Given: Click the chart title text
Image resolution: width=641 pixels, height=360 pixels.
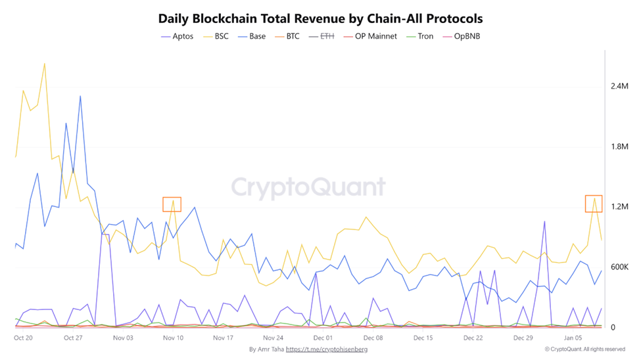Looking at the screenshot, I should click(320, 18).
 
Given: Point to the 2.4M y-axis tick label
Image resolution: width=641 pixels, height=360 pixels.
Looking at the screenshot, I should click(619, 86).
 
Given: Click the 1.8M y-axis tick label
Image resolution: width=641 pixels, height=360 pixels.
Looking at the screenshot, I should click(619, 146).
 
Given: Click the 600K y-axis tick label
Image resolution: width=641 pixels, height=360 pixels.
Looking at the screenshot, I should click(619, 267).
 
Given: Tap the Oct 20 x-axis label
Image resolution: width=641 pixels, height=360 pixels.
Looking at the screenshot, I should click(23, 338).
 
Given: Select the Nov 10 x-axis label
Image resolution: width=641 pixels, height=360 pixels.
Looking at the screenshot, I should click(173, 338).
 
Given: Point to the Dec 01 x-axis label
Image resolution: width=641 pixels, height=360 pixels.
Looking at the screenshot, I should click(323, 338).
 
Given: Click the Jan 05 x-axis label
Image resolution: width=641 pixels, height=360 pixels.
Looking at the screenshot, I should click(573, 338).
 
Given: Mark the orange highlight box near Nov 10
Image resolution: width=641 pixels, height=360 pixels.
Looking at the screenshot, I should click(172, 204).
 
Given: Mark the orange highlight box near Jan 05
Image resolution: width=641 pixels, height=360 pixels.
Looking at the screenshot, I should click(594, 204).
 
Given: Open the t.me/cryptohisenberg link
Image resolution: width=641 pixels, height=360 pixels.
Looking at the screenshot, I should click(327, 349).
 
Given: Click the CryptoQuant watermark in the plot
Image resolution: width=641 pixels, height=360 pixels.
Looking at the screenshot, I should click(308, 187).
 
